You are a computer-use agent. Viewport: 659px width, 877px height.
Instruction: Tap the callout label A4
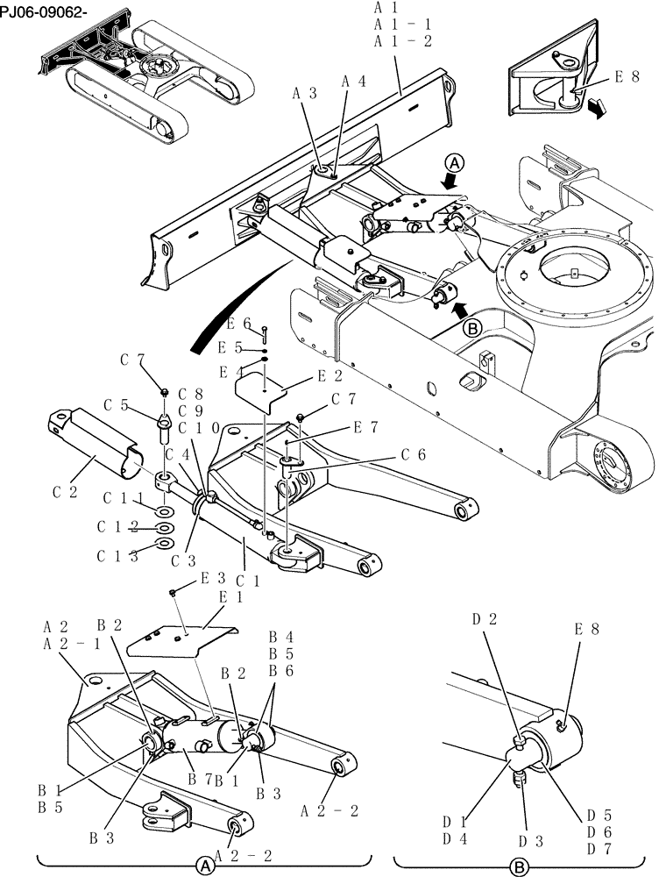[x=354, y=81]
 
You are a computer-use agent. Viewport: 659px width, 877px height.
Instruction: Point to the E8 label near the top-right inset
[x=626, y=77]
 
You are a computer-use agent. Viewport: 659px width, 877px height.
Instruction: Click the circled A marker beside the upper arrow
[x=453, y=163]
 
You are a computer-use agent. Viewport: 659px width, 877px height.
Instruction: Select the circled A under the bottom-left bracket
[x=204, y=865]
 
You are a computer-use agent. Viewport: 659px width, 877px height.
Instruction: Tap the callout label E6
[x=239, y=324]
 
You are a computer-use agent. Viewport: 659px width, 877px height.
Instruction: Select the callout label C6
[x=414, y=454]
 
